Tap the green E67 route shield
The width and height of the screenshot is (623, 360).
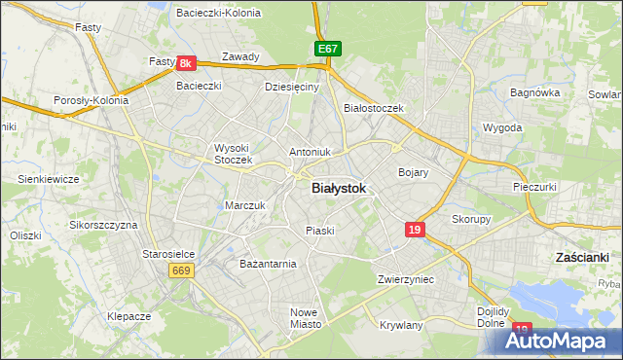(x=326, y=48)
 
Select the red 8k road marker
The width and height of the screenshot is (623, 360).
(x=187, y=63)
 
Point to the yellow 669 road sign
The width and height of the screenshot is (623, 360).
(x=181, y=270)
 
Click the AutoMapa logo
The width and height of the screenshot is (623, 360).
(x=554, y=341)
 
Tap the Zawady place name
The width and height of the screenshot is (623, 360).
(x=240, y=56)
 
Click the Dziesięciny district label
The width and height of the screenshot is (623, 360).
(x=292, y=87)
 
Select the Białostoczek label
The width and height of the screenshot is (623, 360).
(x=374, y=108)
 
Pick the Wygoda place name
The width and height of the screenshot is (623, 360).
(x=503, y=127)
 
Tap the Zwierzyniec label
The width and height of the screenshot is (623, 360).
(x=406, y=279)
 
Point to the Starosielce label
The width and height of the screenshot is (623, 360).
(x=169, y=253)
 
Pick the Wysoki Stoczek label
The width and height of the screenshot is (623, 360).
(x=233, y=153)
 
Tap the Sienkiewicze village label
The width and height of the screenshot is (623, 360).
(x=48, y=179)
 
